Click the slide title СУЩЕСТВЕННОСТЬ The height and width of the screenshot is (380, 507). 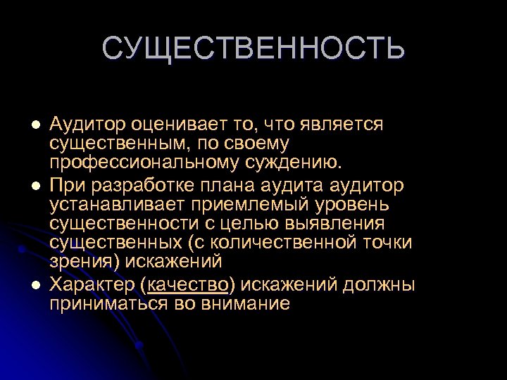click(x=254, y=49)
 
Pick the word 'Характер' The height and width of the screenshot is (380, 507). click(x=92, y=285)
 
